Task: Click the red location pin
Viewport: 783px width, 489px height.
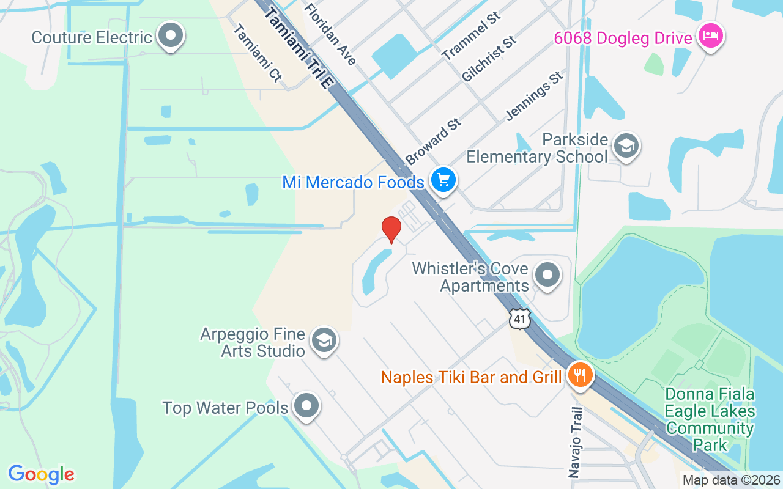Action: (391, 229)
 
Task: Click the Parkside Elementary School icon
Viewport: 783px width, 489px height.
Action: (626, 146)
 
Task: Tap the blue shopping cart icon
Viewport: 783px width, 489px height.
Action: (443, 180)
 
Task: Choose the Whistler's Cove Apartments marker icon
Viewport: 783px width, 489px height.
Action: (547, 275)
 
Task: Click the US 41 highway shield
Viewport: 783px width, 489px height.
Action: (519, 318)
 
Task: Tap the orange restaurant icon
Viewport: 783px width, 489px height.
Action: (578, 374)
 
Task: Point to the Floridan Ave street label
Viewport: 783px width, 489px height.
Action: (330, 34)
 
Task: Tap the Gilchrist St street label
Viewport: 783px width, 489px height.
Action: (489, 59)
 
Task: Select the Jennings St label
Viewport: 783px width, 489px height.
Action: (534, 96)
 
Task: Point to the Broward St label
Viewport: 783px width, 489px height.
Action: (432, 142)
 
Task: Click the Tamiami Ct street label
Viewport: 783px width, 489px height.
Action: (258, 53)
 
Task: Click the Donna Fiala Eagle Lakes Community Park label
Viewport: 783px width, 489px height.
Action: (710, 419)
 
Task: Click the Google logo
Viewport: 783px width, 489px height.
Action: (41, 474)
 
